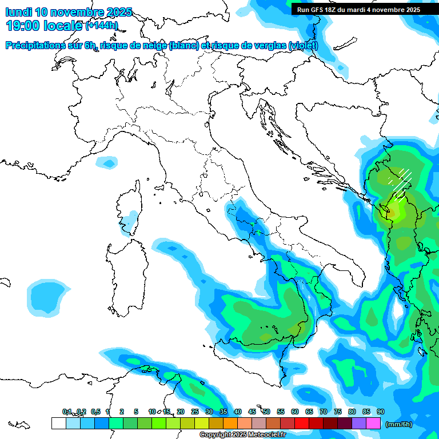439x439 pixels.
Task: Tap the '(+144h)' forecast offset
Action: [102, 26]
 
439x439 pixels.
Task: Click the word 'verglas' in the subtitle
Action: [269, 46]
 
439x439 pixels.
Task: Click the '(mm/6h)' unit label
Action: [399, 424]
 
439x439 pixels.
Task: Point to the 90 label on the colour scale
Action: [381, 412]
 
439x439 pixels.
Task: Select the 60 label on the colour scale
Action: [295, 412]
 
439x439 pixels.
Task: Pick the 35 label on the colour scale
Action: [224, 412]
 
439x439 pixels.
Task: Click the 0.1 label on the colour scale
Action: [67, 412]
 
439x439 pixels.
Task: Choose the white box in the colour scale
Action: [58, 424]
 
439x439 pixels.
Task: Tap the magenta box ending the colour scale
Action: [373, 424]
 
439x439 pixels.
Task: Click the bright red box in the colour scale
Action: [302, 424]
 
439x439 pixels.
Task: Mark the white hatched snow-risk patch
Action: [401, 180]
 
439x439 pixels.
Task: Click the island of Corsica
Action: [129, 209]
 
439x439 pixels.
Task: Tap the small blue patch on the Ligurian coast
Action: [105, 163]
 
